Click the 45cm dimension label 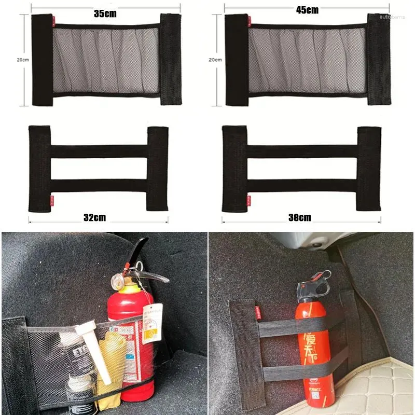point(308,10)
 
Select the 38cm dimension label point(300,217)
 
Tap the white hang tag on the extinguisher point(151,323)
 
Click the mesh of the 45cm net point(308,60)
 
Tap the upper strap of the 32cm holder point(99,151)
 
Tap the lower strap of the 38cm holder point(301,185)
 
